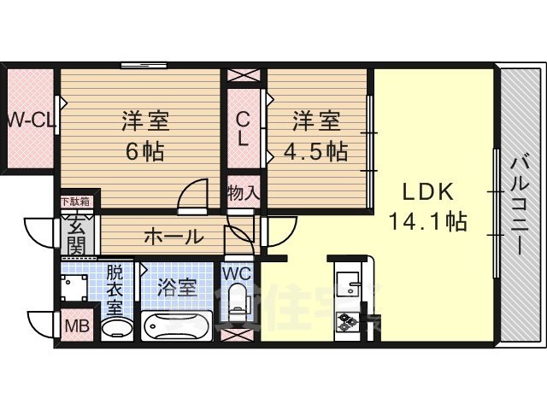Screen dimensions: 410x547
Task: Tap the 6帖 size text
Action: coord(144,152)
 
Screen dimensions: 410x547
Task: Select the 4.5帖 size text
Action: coord(317,152)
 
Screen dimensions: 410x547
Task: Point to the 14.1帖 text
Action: coord(426,222)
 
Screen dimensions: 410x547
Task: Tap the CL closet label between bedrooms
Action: coord(243,130)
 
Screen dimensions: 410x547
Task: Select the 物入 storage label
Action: coord(244,192)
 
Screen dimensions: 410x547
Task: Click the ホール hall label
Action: coord(173,236)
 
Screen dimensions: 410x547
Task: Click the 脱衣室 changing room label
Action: coord(115,289)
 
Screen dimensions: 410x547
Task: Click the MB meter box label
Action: coord(75,325)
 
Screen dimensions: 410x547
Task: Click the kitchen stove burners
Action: coord(348,323)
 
